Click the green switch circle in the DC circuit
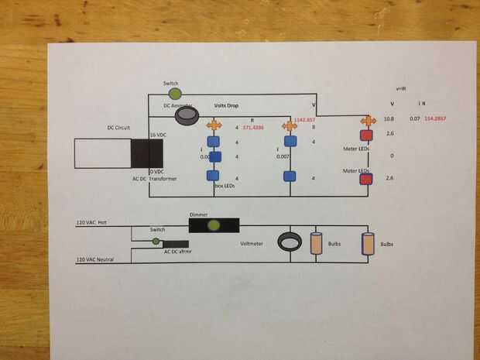(x=174, y=92)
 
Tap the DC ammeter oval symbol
(x=187, y=116)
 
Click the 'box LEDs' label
(x=225, y=186)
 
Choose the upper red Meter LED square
(x=365, y=135)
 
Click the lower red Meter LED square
(x=365, y=180)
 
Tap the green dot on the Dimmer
(x=214, y=225)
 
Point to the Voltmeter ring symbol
(x=290, y=242)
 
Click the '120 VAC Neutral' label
(x=95, y=259)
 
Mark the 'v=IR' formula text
(x=402, y=90)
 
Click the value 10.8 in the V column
(x=390, y=118)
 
